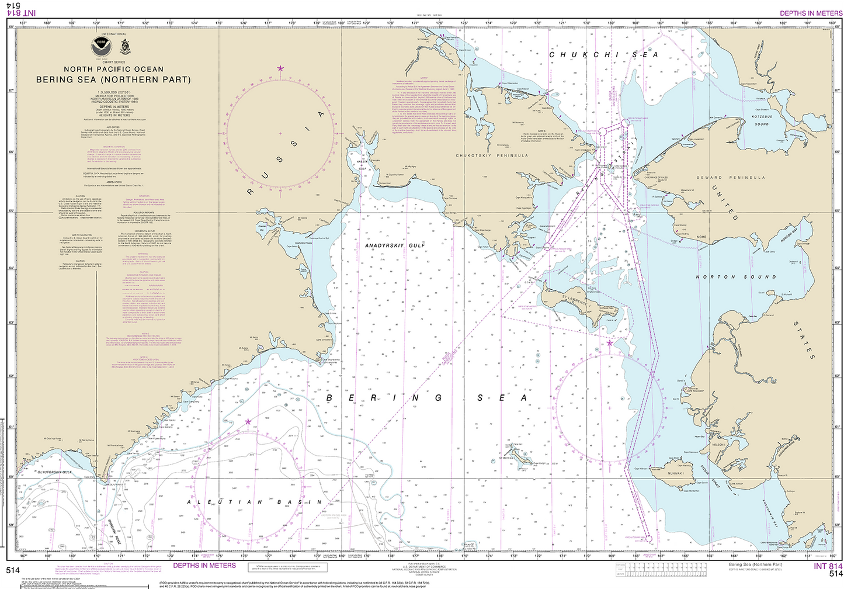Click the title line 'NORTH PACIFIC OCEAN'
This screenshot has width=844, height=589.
click(113, 70)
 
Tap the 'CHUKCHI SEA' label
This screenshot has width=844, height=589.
click(604, 55)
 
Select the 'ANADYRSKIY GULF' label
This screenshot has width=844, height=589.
click(395, 245)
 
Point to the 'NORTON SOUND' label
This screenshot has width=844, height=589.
click(736, 276)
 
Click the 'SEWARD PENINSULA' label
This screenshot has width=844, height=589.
click(731, 177)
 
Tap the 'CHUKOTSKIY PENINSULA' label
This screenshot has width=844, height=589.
click(492, 155)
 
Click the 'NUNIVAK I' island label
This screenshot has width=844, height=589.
click(675, 473)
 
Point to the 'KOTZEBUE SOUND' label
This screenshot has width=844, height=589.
click(762, 120)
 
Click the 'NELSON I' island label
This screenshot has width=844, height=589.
click(718, 445)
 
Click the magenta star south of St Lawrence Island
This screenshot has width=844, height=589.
click(610, 343)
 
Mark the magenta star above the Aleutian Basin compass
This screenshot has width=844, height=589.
click(248, 421)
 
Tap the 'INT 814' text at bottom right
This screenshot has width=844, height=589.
click(828, 566)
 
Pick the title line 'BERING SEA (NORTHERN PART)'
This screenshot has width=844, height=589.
click(113, 79)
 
